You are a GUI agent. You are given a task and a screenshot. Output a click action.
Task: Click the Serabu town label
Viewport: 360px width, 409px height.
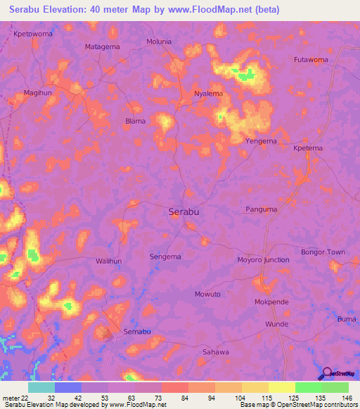[x=184, y=211]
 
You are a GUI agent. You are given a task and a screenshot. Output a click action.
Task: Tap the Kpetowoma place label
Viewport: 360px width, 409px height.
[x=32, y=34]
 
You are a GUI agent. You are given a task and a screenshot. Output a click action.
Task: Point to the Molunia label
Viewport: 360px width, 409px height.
[x=158, y=41]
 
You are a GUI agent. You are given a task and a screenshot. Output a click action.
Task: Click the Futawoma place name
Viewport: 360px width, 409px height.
[x=311, y=60]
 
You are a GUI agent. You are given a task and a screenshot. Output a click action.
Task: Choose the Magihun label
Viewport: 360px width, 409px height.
[x=38, y=92]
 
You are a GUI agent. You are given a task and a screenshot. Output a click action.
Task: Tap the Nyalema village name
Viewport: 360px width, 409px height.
[x=208, y=93]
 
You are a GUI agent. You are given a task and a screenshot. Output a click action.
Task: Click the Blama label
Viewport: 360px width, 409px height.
[x=135, y=121]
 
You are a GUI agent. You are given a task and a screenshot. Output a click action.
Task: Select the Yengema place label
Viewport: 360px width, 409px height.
[x=261, y=141]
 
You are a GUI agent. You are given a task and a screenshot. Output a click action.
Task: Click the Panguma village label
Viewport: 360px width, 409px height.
[x=262, y=209]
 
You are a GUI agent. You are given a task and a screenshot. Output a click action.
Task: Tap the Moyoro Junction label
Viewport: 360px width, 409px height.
[x=263, y=259]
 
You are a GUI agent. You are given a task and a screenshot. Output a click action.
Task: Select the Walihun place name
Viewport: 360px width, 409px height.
[x=108, y=261]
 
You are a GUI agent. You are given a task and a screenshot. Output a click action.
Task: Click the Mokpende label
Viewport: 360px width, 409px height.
[x=271, y=301]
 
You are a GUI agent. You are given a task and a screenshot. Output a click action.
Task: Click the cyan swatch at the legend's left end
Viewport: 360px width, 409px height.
[x=41, y=387]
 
